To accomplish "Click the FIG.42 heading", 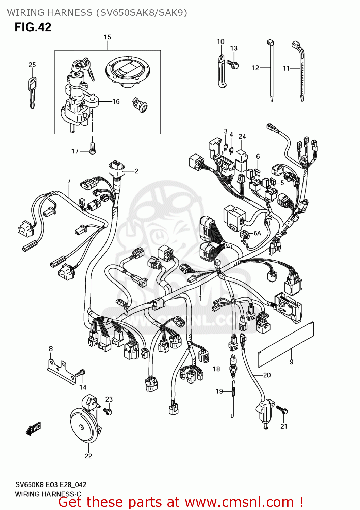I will tap(33, 27).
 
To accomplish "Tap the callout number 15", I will tap(107, 37).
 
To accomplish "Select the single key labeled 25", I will tap(32, 92).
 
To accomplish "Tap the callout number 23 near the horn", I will tap(109, 399).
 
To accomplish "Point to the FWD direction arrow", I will tap(33, 429).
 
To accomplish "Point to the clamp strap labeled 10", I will tap(222, 71).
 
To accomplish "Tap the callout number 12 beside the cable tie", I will tap(255, 68).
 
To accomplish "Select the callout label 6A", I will tap(257, 233).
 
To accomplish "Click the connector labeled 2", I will tap(116, 169).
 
